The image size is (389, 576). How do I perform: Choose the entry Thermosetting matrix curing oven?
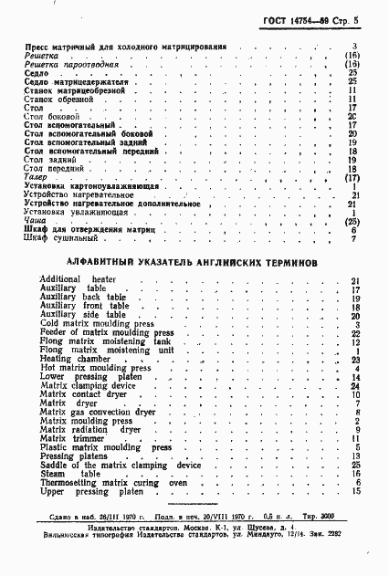pos(112,482)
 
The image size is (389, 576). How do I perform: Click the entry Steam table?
pos(70,474)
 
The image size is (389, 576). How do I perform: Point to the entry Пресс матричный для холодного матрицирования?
pos(124,46)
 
